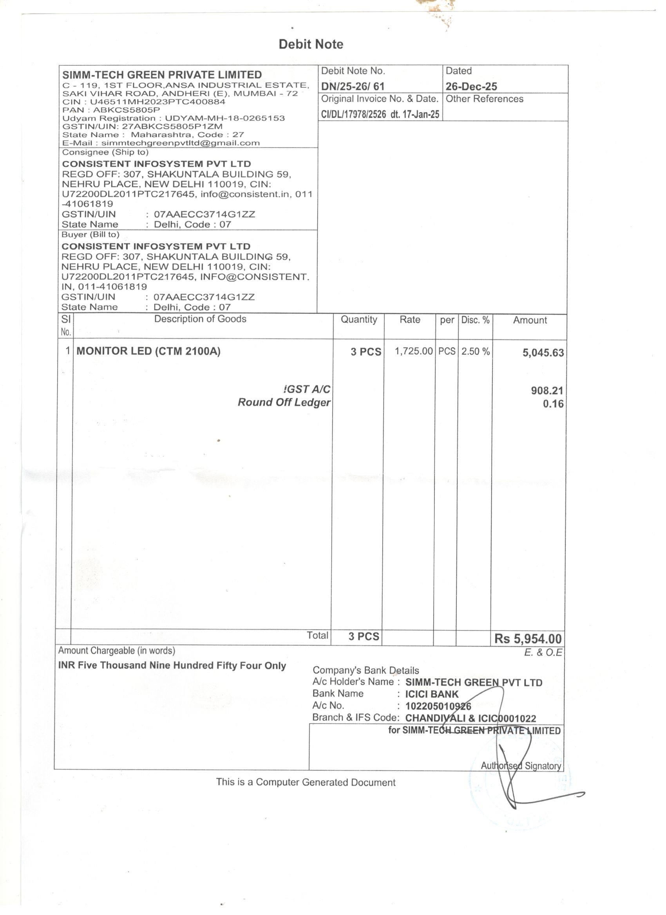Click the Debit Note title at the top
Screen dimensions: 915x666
click(x=311, y=44)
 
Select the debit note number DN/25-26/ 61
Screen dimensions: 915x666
click(x=353, y=86)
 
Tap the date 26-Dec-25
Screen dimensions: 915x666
click(x=471, y=86)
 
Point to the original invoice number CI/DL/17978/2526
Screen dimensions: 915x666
click(x=353, y=114)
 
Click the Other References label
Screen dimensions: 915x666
click(x=484, y=99)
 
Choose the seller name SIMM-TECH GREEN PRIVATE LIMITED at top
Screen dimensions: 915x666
click(x=162, y=75)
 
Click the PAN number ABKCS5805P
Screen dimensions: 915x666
click(x=127, y=110)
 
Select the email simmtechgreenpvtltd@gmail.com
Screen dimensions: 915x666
click(x=180, y=143)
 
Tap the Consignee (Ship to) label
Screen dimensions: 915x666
click(x=105, y=153)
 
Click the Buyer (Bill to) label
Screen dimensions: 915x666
click(x=90, y=235)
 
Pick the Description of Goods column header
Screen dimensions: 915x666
click(x=200, y=319)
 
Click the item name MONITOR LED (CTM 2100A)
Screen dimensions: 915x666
click(x=148, y=351)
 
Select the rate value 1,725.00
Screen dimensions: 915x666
click(x=413, y=351)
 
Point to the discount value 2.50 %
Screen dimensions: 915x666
click(x=475, y=351)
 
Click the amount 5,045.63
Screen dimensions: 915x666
click(x=543, y=353)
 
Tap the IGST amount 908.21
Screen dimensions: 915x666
click(x=547, y=390)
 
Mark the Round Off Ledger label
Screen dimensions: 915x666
click(x=284, y=402)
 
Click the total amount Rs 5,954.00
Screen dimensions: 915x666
click(x=527, y=639)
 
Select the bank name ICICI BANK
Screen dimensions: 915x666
click(x=432, y=694)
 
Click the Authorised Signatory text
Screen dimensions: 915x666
click(x=521, y=766)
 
